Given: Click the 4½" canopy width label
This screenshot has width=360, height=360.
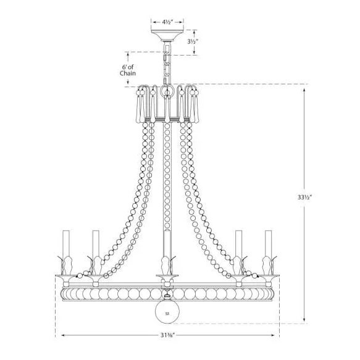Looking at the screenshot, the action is (x=167, y=22).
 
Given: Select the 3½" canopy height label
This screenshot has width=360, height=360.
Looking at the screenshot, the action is (x=193, y=42).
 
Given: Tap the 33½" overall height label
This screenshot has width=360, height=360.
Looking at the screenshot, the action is (x=304, y=197).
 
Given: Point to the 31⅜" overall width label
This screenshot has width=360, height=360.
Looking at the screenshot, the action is (x=167, y=335).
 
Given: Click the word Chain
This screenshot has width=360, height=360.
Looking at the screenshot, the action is (x=128, y=73).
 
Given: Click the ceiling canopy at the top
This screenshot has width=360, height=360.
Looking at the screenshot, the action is (x=167, y=35).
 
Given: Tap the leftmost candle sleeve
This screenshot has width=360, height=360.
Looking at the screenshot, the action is (x=66, y=243).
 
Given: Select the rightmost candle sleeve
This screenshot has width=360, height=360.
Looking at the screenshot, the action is (x=268, y=243).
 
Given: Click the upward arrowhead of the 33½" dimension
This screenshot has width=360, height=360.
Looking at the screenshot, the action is (x=304, y=90).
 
